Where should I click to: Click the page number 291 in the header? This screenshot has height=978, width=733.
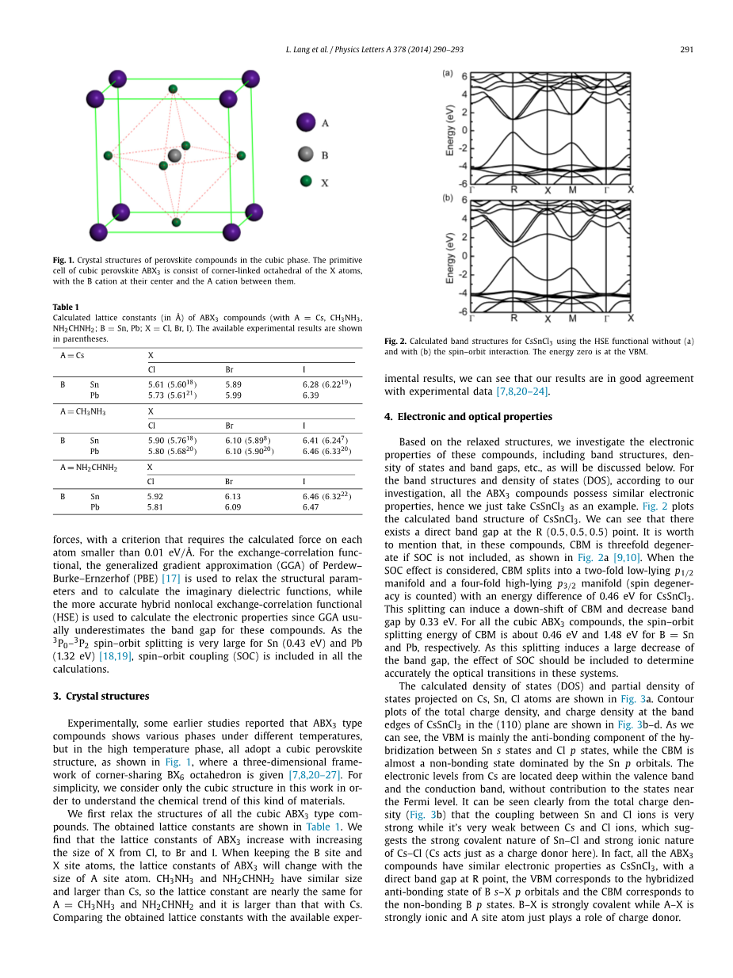point(686,49)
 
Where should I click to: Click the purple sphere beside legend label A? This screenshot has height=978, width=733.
point(306,123)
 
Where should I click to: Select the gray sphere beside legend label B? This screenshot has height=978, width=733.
point(306,155)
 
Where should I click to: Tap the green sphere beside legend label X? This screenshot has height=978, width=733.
point(306,181)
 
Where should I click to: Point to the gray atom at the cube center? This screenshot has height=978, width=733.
point(174,155)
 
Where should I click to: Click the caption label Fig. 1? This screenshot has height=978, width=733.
point(64,260)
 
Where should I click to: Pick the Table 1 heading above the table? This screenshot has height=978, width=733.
point(66,307)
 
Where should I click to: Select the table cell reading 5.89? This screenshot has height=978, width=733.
point(233,384)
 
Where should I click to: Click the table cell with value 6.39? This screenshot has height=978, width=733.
point(311,395)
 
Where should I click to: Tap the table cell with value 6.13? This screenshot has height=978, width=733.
point(233,496)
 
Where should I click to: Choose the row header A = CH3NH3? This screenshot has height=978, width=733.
point(82,411)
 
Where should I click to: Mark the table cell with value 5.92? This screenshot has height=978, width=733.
point(155,496)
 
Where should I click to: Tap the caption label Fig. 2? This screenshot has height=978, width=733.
point(396,342)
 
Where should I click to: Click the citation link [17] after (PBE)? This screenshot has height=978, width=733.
point(170,579)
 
